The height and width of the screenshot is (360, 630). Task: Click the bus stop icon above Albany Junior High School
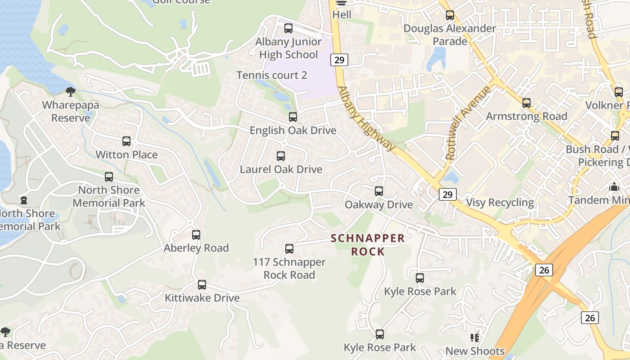(288, 28)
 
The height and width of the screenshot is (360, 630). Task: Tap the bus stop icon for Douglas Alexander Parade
(450, 15)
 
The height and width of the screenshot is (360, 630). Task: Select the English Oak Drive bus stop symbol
(293, 117)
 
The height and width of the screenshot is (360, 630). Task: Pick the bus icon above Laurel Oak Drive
(281, 156)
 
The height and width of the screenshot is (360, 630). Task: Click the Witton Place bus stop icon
(126, 141)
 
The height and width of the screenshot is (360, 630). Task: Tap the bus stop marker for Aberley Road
(196, 235)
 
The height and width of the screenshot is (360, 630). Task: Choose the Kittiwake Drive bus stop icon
(202, 285)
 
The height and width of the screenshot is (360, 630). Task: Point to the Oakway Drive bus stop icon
(379, 191)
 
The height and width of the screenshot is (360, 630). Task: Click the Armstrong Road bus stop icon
(526, 103)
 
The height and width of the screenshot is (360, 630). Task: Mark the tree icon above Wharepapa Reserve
(70, 92)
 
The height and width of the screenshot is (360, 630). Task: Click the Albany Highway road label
(365, 118)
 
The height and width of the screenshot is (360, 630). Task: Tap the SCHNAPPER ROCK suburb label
(368, 245)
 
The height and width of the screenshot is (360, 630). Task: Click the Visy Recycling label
(500, 202)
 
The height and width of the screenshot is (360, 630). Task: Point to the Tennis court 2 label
(272, 75)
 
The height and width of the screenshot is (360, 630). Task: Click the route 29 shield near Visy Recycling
(447, 194)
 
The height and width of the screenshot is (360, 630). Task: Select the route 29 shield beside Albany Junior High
(339, 59)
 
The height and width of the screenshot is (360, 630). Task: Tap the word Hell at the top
(342, 14)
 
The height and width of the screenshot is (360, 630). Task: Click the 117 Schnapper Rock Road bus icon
(289, 249)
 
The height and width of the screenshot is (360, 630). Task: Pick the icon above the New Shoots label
(475, 337)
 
